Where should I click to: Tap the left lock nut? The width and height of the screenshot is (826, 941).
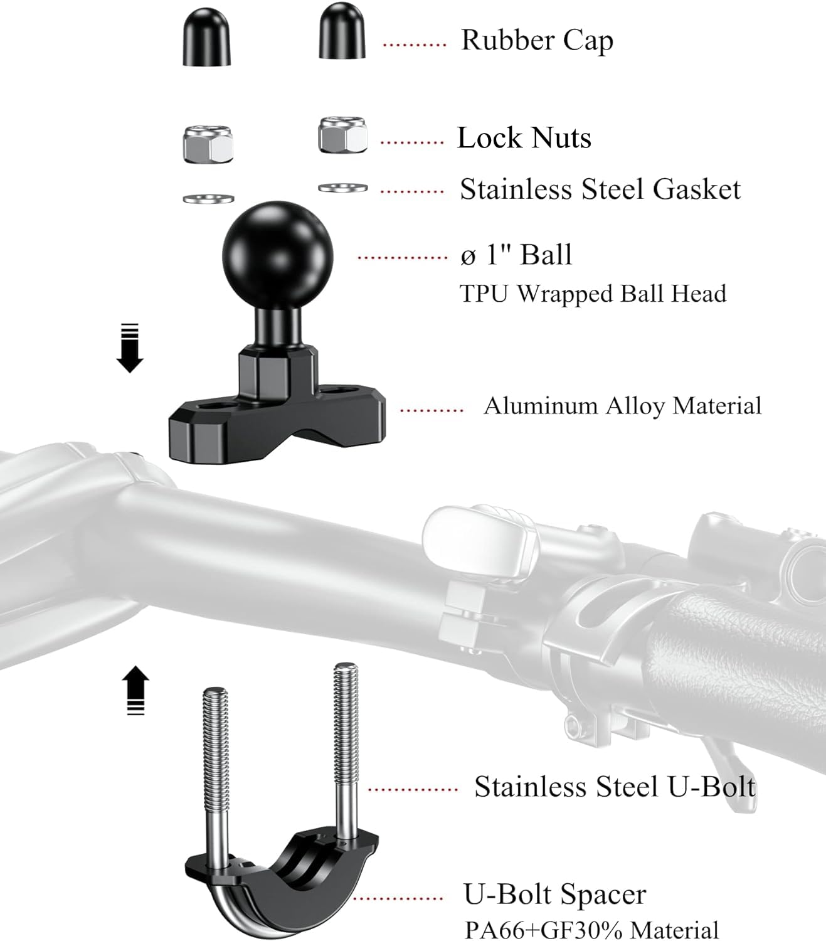pyautogui.click(x=208, y=144)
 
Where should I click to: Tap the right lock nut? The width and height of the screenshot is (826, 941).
pyautogui.click(x=342, y=135)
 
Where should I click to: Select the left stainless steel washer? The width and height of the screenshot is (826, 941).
pyautogui.click(x=208, y=199)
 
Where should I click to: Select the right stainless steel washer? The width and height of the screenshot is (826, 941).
pyautogui.click(x=342, y=188)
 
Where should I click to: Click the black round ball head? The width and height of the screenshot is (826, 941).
pyautogui.click(x=277, y=251)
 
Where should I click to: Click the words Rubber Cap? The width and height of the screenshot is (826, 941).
pyautogui.click(x=537, y=40)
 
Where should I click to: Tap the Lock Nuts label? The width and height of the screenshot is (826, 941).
pyautogui.click(x=524, y=138)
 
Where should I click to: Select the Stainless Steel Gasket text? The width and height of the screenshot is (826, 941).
pyautogui.click(x=600, y=189)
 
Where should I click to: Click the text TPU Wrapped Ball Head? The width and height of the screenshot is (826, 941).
pyautogui.click(x=593, y=294)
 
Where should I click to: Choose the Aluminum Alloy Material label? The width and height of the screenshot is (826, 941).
pyautogui.click(x=622, y=406)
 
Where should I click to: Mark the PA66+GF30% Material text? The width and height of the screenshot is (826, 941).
pyautogui.click(x=591, y=929)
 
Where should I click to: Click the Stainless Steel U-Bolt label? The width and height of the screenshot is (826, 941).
pyautogui.click(x=615, y=787)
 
